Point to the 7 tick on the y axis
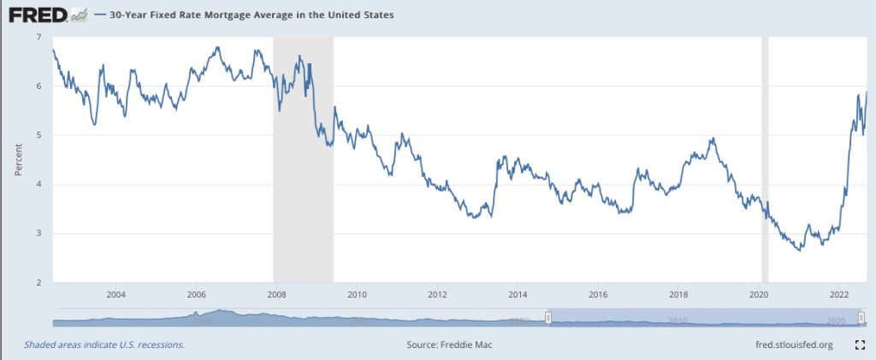click(38, 38)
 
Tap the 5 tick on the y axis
click(38, 135)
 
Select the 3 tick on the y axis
click(38, 233)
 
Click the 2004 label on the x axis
click(116, 294)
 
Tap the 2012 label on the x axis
click(437, 294)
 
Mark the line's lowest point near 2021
click(799, 251)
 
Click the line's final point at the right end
click(867, 92)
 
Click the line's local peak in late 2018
click(713, 139)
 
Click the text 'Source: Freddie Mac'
click(451, 345)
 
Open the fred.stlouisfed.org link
click(790, 345)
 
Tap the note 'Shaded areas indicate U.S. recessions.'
click(104, 345)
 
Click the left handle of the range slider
click(548, 318)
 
